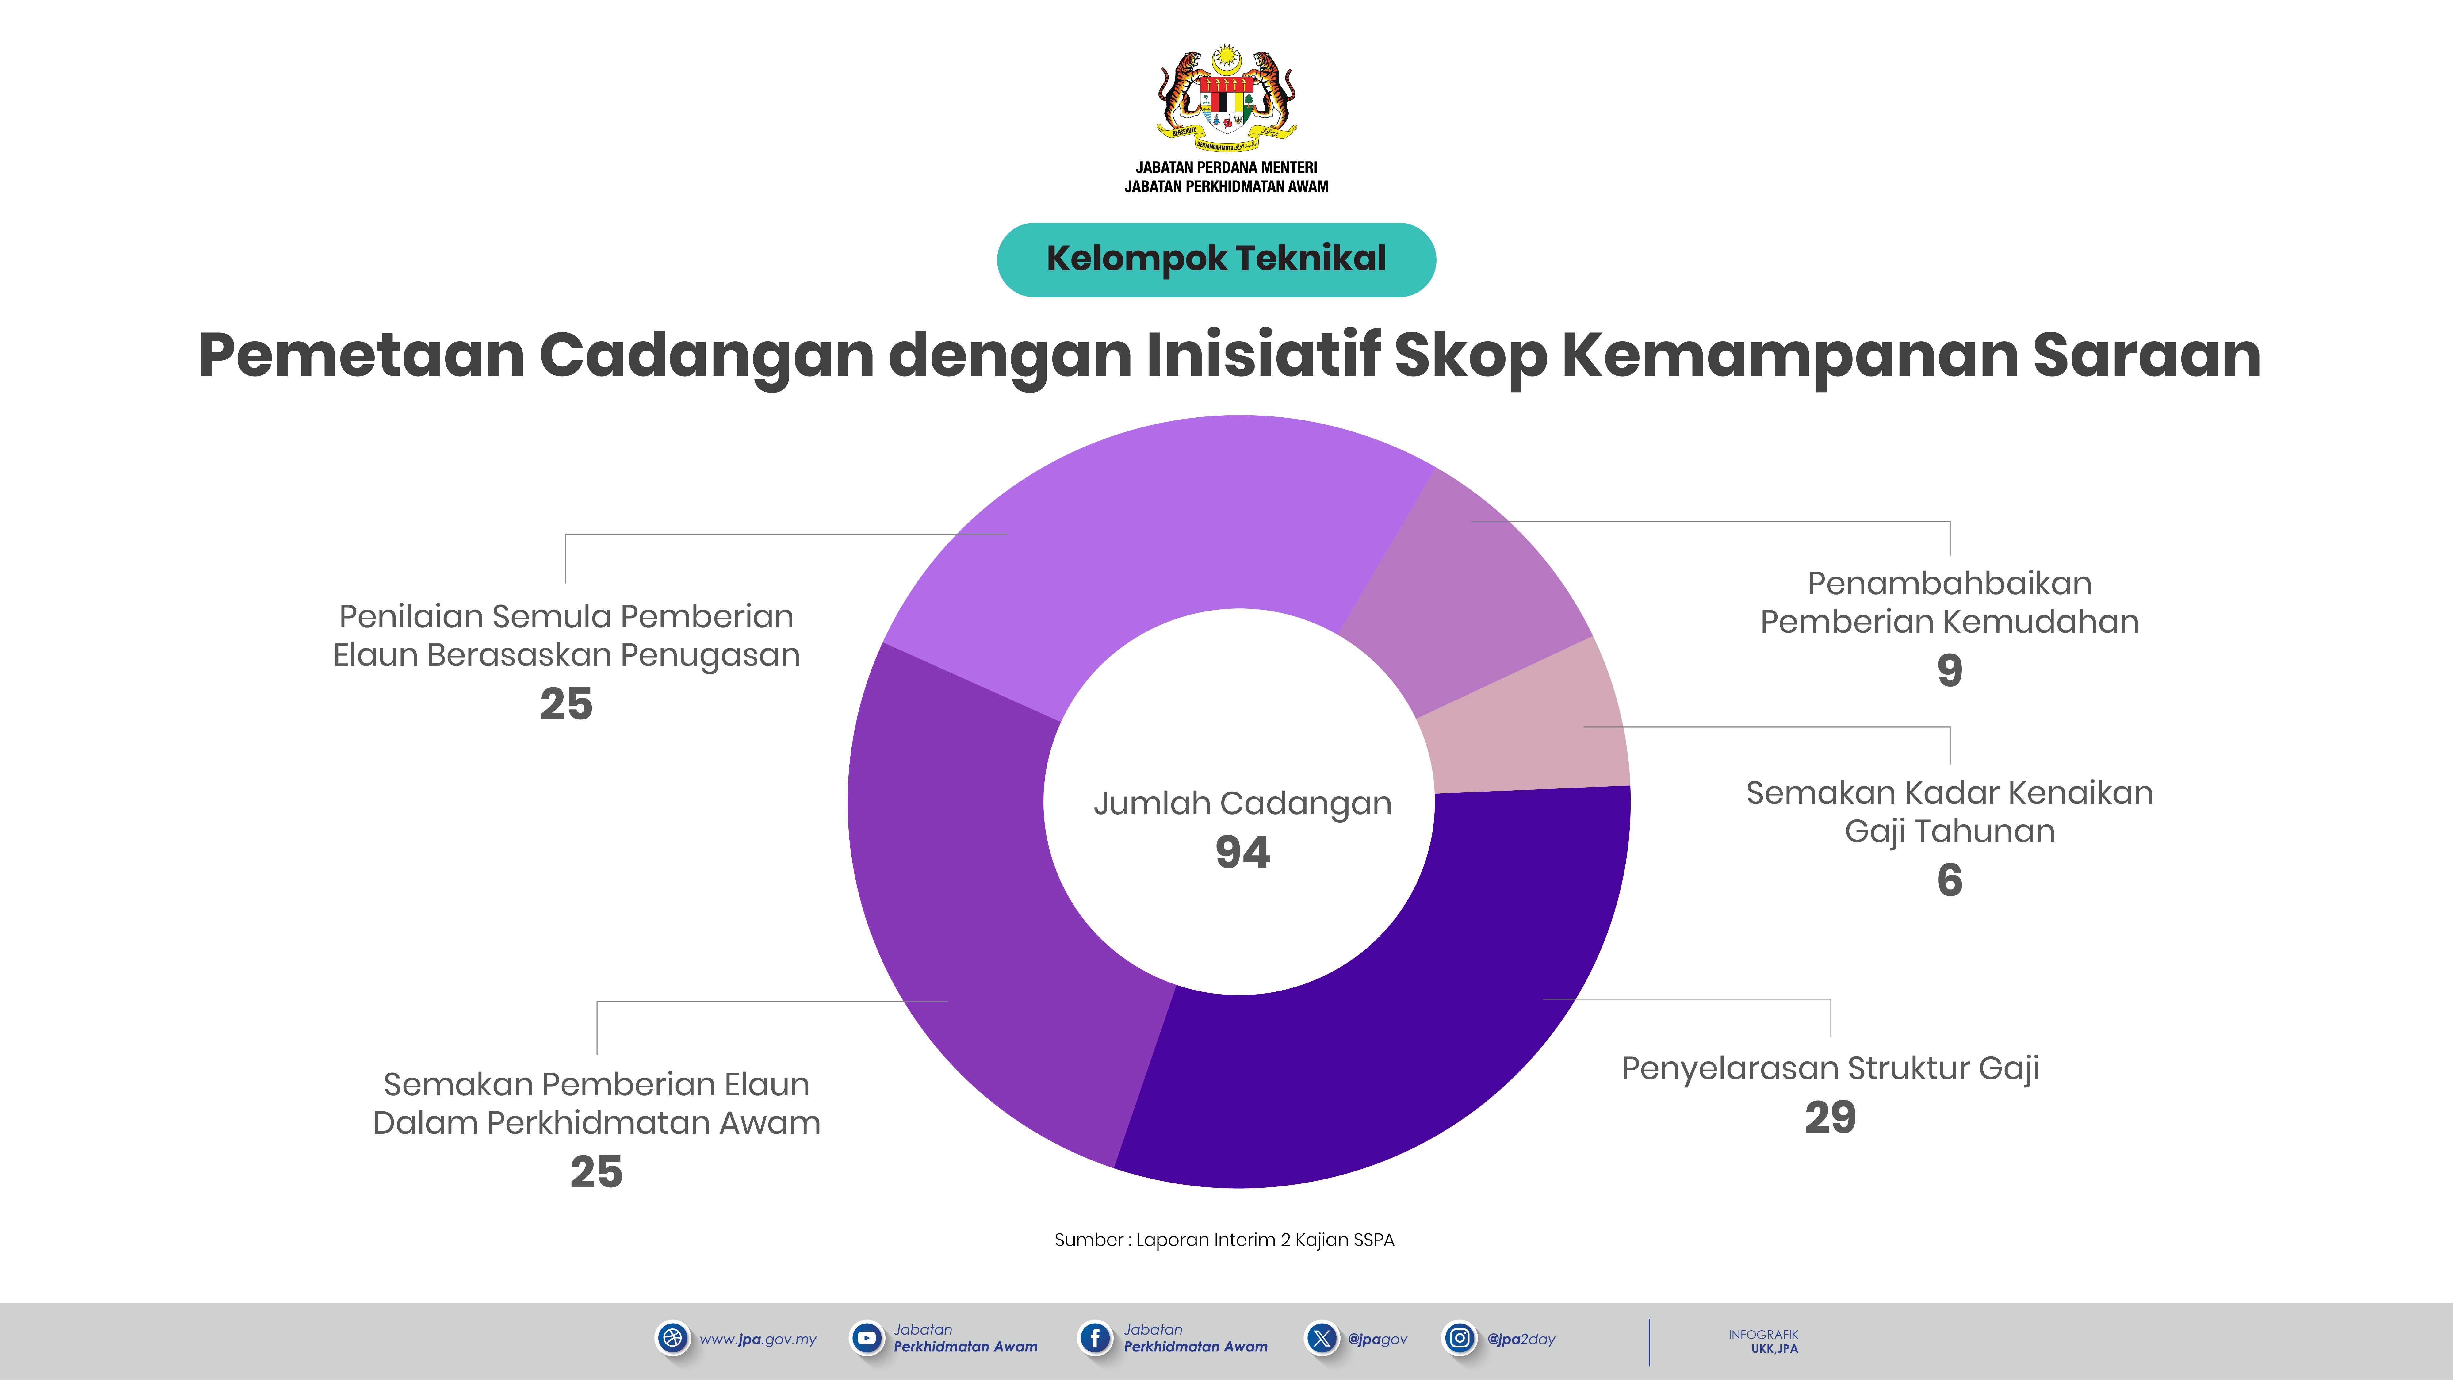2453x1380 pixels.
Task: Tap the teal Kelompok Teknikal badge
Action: pyautogui.click(x=1216, y=259)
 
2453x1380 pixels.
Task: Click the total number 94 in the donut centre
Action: pyautogui.click(x=1243, y=853)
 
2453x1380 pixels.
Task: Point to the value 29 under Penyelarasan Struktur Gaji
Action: pyautogui.click(x=1830, y=1117)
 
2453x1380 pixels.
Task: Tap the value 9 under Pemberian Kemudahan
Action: pyautogui.click(x=1949, y=670)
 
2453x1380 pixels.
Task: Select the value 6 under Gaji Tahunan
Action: pyautogui.click(x=1949, y=880)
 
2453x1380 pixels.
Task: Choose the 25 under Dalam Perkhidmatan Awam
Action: pyautogui.click(x=596, y=1172)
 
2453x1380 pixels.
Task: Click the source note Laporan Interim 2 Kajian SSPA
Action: pyautogui.click(x=1225, y=1240)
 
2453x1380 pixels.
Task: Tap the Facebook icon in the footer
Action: pyautogui.click(x=1095, y=1338)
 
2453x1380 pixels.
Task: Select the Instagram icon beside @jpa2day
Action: pyautogui.click(x=1459, y=1338)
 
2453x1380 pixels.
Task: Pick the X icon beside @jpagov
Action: pyautogui.click(x=1322, y=1338)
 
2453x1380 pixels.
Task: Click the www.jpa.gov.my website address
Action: pyautogui.click(x=758, y=1339)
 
